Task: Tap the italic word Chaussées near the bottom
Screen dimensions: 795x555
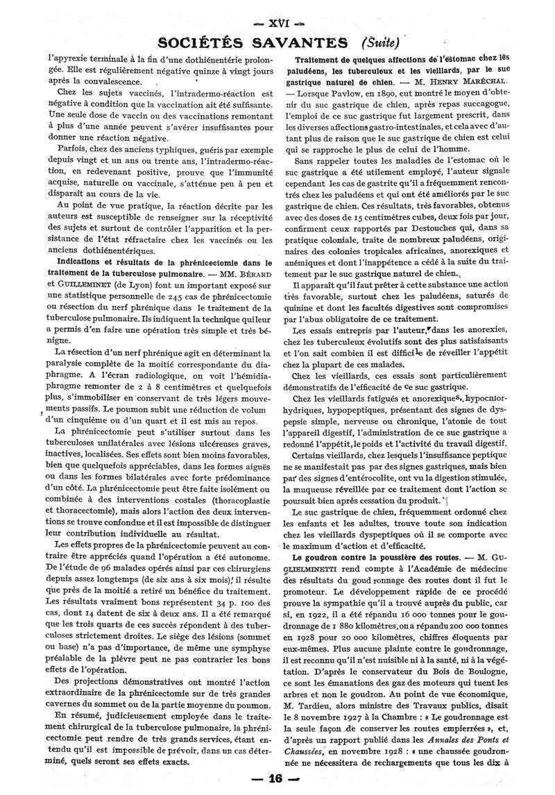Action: click(x=304, y=755)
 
